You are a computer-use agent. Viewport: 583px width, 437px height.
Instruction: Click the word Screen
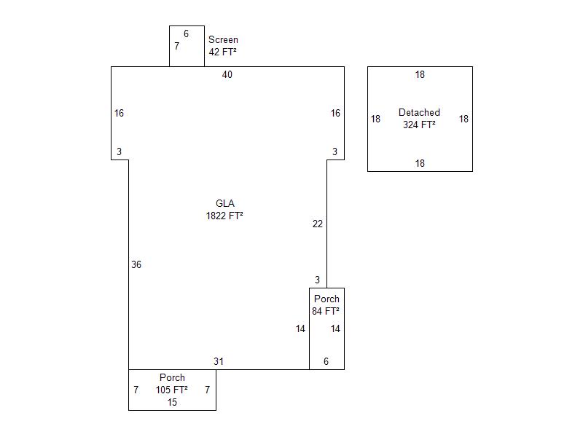(x=223, y=40)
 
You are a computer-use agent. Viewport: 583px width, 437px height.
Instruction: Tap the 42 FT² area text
(x=223, y=52)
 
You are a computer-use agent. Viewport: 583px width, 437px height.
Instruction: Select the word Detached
(x=419, y=112)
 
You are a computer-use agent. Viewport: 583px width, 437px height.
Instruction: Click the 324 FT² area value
(x=419, y=125)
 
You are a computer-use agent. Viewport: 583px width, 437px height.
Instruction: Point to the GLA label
(x=225, y=203)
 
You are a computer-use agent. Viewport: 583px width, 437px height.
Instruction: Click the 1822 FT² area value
(x=224, y=216)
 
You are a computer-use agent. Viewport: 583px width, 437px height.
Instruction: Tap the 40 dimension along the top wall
(x=227, y=75)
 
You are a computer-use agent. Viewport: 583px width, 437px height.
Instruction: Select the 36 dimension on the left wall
(x=136, y=264)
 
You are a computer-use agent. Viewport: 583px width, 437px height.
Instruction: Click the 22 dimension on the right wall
(x=318, y=224)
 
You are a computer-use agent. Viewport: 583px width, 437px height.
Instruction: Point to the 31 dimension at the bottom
(x=219, y=361)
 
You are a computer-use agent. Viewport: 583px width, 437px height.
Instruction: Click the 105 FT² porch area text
(x=171, y=390)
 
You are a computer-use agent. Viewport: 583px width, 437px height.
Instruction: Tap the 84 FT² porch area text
(x=326, y=311)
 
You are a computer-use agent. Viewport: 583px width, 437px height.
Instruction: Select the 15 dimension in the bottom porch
(x=172, y=402)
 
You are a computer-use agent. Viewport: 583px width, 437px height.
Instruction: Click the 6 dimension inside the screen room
(x=187, y=34)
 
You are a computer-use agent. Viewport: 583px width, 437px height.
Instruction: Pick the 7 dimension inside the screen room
(x=176, y=46)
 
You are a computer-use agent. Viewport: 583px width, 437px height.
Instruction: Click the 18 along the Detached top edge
(x=420, y=75)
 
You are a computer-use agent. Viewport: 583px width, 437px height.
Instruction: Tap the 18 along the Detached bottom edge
(x=420, y=163)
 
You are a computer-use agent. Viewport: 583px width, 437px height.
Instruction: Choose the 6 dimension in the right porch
(x=326, y=361)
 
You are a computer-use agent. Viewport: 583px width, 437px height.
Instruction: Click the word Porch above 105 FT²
(x=172, y=377)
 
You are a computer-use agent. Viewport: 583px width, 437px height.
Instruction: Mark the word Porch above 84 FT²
(x=326, y=299)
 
